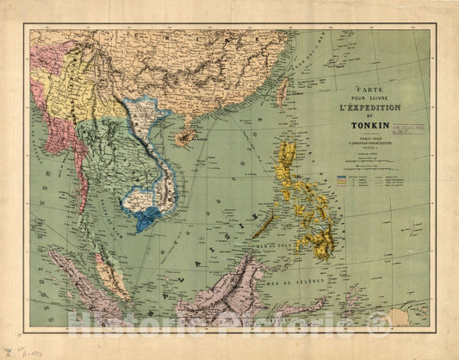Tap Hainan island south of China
(182, 140)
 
